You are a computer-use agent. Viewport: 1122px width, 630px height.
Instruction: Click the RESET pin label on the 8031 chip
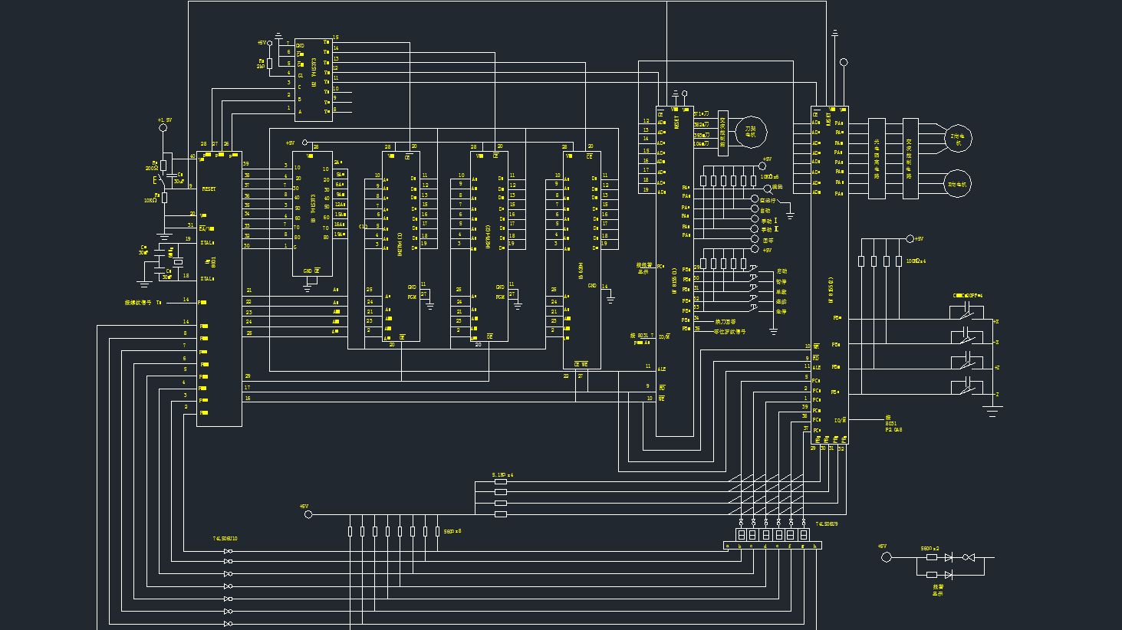[209, 189]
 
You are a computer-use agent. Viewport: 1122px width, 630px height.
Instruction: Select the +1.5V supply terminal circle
[163, 128]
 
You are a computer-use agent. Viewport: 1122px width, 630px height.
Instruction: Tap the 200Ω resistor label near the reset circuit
[151, 168]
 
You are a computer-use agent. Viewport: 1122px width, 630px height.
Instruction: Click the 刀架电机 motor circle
[751, 133]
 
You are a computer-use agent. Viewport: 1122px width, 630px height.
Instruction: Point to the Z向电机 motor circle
[958, 138]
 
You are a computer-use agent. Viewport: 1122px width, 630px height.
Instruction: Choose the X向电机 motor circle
[957, 184]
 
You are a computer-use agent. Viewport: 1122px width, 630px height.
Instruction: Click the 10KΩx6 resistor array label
[769, 177]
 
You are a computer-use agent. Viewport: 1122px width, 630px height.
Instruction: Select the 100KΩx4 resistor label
[916, 261]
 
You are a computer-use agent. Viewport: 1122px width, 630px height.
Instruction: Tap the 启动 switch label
[781, 271]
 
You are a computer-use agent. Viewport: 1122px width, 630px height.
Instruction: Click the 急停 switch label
[781, 312]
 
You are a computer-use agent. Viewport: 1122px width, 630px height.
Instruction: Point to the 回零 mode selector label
[768, 241]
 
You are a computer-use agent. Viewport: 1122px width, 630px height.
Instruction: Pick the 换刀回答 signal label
[725, 322]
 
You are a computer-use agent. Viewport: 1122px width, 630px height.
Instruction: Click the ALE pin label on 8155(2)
[817, 368]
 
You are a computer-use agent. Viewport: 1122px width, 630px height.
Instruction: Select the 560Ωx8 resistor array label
[452, 531]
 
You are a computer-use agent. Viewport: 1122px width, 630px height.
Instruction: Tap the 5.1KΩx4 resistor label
[502, 475]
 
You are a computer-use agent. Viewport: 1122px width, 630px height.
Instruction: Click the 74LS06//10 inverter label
[225, 539]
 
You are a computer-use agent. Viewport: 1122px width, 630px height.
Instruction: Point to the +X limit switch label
[995, 322]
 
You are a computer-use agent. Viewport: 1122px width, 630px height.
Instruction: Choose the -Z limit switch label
[996, 394]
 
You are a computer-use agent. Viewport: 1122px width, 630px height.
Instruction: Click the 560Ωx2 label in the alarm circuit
[930, 549]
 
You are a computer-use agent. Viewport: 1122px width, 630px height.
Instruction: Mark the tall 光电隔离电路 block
[877, 159]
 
